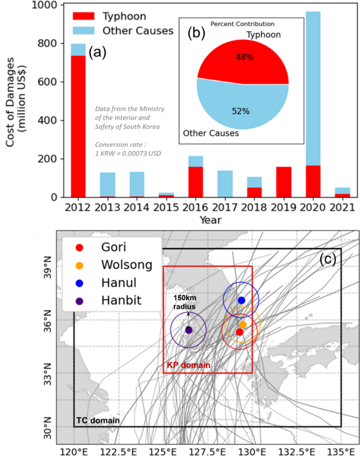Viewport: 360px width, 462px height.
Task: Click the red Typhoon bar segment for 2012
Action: pos(78,126)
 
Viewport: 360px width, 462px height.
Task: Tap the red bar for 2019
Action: pos(283,182)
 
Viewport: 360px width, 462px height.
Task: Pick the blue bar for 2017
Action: pos(225,184)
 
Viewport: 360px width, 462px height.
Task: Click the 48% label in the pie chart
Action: pos(244,57)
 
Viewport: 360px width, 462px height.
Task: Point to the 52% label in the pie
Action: pos(241,111)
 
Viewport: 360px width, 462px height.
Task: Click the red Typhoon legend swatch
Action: pos(83,16)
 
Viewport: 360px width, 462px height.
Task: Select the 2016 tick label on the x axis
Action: pos(195,207)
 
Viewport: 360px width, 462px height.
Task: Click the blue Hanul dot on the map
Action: pos(241,300)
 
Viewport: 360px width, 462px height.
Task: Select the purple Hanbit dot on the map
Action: pos(189,330)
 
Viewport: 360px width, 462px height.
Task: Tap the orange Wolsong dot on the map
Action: pos(243,324)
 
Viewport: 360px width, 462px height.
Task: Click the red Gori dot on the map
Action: pos(239,332)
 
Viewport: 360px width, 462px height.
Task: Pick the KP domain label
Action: pos(188,365)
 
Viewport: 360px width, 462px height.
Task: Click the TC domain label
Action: pos(98,420)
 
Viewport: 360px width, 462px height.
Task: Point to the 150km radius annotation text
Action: pos(184,302)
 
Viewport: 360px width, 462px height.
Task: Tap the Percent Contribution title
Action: pos(242,24)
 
